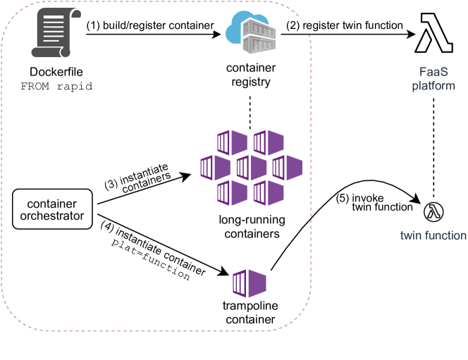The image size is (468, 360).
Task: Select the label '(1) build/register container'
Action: coord(149,25)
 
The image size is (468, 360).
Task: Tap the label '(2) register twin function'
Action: coord(345,25)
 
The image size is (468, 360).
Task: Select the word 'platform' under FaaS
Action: coord(433,86)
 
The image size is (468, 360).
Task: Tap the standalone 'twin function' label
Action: coord(433,235)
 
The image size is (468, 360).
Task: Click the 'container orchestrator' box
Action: coord(52,209)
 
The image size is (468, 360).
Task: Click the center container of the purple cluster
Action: coord(250,168)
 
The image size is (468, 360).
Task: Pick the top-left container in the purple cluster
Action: coord(232,143)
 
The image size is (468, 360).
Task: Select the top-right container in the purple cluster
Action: coord(269,143)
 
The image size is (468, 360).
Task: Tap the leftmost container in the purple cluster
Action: coord(214,168)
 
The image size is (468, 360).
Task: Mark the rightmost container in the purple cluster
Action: coord(286,168)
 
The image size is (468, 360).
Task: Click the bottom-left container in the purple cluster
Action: coord(232,192)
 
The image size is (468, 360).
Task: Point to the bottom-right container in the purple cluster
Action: coord(269,192)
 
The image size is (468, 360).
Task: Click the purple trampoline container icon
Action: coord(249,283)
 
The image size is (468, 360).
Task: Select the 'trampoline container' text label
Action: coord(250,313)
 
